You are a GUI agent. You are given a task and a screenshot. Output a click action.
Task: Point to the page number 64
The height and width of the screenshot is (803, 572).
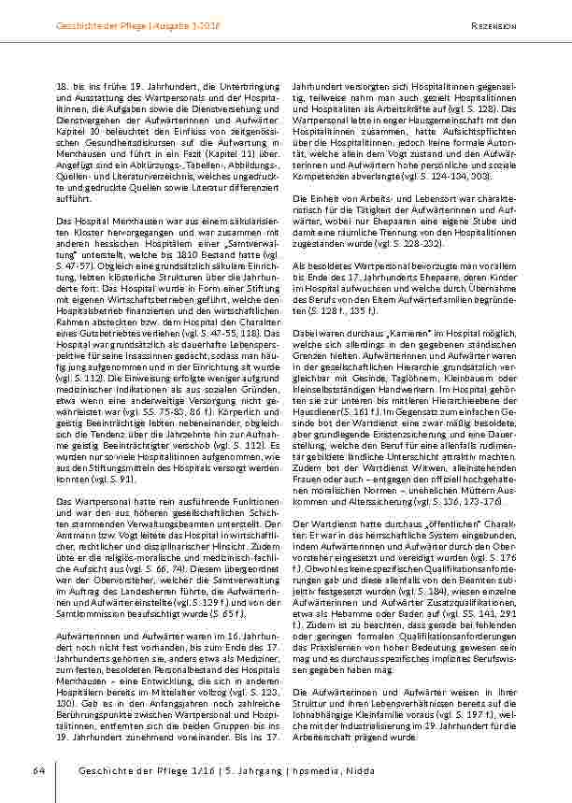pyautogui.click(x=38, y=769)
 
